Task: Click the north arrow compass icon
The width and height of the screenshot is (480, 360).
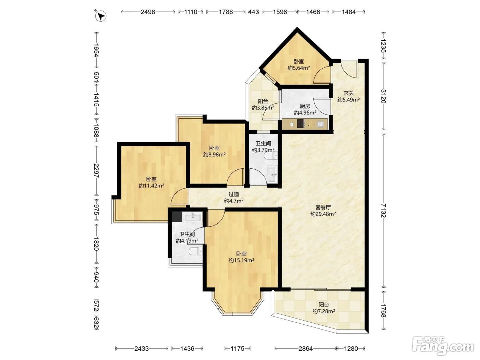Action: pyautogui.click(x=100, y=16)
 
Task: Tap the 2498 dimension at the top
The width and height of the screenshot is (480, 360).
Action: pyautogui.click(x=148, y=12)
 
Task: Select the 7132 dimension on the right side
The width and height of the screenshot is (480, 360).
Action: pyautogui.click(x=383, y=211)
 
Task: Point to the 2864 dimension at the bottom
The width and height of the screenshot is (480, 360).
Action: pyautogui.click(x=305, y=348)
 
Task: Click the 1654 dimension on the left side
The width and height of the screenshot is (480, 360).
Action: pyautogui.click(x=96, y=50)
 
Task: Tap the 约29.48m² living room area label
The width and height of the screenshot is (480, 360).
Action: pyautogui.click(x=323, y=214)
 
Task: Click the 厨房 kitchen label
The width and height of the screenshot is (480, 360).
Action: pyautogui.click(x=305, y=106)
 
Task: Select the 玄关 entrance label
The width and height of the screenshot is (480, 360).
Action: pyautogui.click(x=348, y=93)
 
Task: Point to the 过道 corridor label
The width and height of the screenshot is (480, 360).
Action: pyautogui.click(x=233, y=194)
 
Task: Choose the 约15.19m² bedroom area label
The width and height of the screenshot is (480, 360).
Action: pyautogui.click(x=241, y=260)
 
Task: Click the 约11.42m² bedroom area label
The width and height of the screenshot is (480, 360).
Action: pyautogui.click(x=151, y=185)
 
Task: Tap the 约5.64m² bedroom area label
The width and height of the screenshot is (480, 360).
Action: pyautogui.click(x=299, y=68)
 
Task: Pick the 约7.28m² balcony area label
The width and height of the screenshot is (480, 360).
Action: pyautogui.click(x=324, y=311)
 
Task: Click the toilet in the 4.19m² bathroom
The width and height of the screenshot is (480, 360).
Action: pyautogui.click(x=195, y=251)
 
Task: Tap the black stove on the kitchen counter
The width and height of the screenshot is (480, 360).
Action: pyautogui.click(x=301, y=124)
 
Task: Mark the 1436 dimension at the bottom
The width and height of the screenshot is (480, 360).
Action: pyautogui.click(x=187, y=348)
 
